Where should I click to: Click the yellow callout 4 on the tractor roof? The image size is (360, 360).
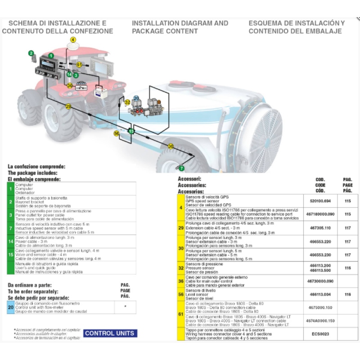point(73,40)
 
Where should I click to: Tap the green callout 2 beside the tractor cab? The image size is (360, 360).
point(31,53)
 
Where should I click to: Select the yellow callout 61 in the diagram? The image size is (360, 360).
point(79,65)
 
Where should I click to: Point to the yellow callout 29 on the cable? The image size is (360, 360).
point(68,107)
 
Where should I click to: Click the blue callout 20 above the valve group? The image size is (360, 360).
point(136,98)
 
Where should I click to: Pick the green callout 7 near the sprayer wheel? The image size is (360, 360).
point(182,168)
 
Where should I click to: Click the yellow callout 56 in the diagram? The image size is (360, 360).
point(116,133)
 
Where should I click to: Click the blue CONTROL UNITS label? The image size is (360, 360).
point(110,333)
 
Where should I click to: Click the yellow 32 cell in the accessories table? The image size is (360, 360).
point(181,268)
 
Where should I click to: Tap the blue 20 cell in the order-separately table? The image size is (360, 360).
point(11,307)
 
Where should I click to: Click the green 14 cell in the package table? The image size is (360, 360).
point(11,242)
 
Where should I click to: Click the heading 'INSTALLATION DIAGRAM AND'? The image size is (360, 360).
point(180,23)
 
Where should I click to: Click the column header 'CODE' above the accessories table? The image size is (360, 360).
point(320,184)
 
